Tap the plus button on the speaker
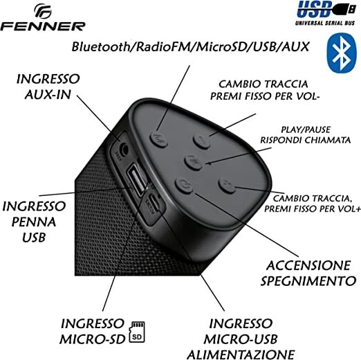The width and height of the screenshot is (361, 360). [228, 186]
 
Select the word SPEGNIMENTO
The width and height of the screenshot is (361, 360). [303, 280]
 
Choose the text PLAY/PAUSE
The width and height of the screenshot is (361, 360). [305, 129]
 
